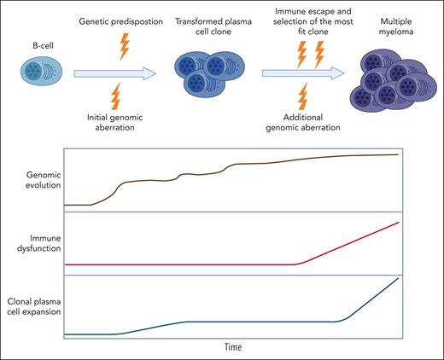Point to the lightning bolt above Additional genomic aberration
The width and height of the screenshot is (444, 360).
[x=302, y=95]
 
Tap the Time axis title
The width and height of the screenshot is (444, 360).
[x=233, y=347]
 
